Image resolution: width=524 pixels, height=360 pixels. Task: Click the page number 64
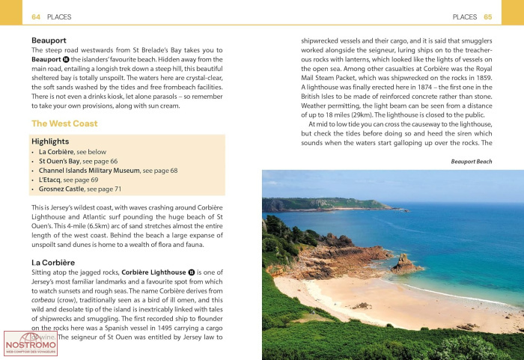pyautogui.click(x=36, y=16)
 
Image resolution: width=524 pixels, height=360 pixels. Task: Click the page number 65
pyautogui.click(x=487, y=16)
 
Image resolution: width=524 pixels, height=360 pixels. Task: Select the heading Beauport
pyautogui.click(x=49, y=40)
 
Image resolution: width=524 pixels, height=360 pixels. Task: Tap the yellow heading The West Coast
pyautogui.click(x=64, y=123)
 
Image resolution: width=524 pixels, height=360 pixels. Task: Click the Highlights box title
pyautogui.click(x=50, y=141)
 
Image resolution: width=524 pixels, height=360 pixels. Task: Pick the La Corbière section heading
pyautogui.click(x=53, y=262)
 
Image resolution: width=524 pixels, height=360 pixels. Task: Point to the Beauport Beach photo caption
pyautogui.click(x=471, y=161)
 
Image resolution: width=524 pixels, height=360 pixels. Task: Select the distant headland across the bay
pyautogui.click(x=314, y=203)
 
